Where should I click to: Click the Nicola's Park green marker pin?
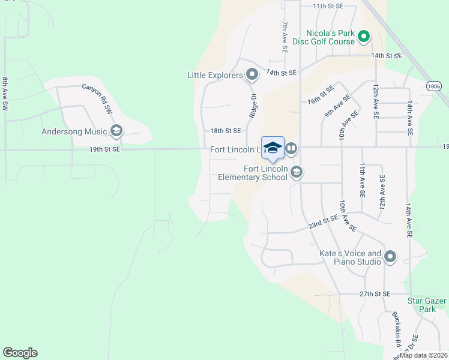(363, 38)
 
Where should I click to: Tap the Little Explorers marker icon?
(252, 75)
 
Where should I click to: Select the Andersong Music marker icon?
(116, 131)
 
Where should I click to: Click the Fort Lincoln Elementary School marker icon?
(295, 173)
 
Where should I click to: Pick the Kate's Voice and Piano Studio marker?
(390, 257)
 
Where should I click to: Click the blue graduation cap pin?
(273, 148)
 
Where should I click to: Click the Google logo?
(20, 353)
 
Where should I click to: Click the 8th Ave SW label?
(5, 93)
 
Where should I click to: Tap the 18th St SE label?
(225, 130)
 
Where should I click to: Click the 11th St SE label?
(328, 5)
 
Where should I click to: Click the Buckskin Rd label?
(397, 330)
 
